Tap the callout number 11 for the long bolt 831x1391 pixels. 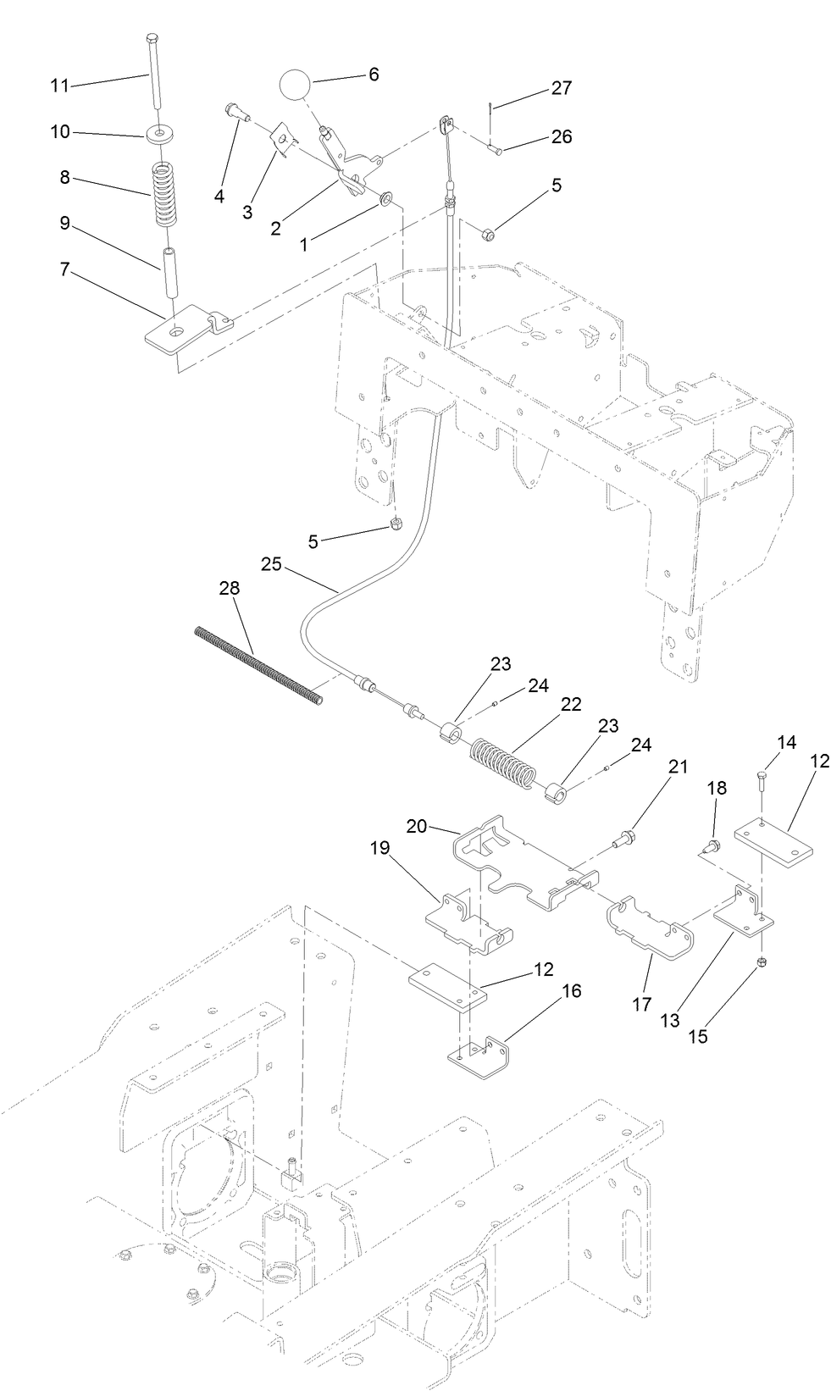point(58,86)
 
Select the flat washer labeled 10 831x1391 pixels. point(157,134)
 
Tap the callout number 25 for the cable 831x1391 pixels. point(271,563)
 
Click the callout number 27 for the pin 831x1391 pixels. point(562,88)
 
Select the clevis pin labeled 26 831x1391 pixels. point(495,149)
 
